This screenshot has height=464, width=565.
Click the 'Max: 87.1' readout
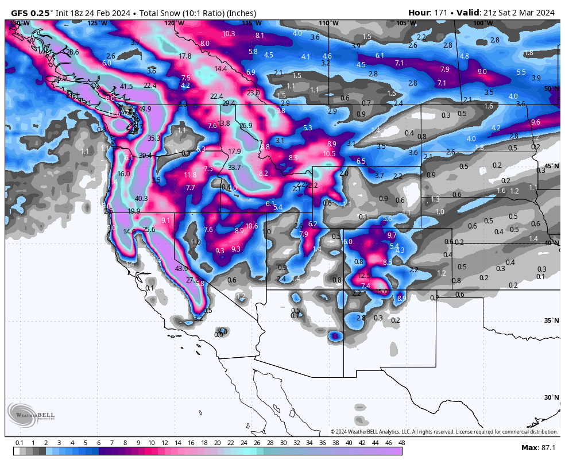(x=539, y=447)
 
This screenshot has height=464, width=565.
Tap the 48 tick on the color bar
(x=401, y=443)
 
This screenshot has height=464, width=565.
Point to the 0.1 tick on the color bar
(x=19, y=443)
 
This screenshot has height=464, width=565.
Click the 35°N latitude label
(x=551, y=320)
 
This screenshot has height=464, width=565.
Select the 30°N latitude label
(x=551, y=397)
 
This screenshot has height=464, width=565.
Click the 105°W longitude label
(x=405, y=23)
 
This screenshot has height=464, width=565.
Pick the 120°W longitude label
(x=174, y=23)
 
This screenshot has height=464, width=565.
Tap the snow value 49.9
(x=145, y=109)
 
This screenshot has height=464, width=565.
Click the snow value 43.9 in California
(x=181, y=269)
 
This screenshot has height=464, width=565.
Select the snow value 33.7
(x=234, y=168)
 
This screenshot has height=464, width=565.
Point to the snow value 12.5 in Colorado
(x=364, y=276)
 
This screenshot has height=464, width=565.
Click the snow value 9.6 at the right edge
(x=536, y=122)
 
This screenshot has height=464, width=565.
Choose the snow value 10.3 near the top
(x=229, y=34)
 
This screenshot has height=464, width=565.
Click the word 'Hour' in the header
(x=419, y=13)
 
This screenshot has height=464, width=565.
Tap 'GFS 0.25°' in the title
(x=31, y=13)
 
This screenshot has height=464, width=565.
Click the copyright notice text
(x=444, y=431)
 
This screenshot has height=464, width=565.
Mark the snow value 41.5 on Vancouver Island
(x=126, y=87)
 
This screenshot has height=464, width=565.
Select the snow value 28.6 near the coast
(x=72, y=52)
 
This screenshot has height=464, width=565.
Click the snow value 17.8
(x=185, y=56)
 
